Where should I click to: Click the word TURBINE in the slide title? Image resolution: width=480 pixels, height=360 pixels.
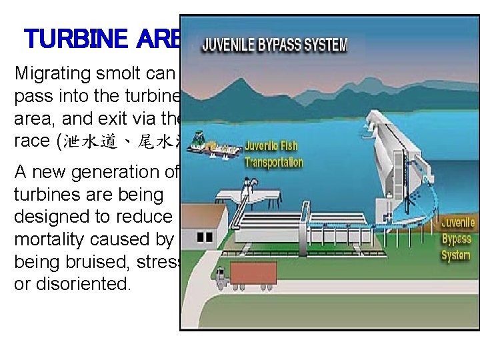coord(74,39)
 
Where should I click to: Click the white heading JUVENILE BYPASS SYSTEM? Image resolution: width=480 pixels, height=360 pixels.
coord(274,45)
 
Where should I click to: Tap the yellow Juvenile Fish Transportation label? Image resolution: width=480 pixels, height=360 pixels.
coord(273,154)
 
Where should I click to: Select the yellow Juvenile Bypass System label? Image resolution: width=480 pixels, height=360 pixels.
coord(457,239)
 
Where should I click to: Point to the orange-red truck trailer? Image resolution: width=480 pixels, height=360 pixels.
coord(253,273)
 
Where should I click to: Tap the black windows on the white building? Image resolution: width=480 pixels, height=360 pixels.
coord(205,237)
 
